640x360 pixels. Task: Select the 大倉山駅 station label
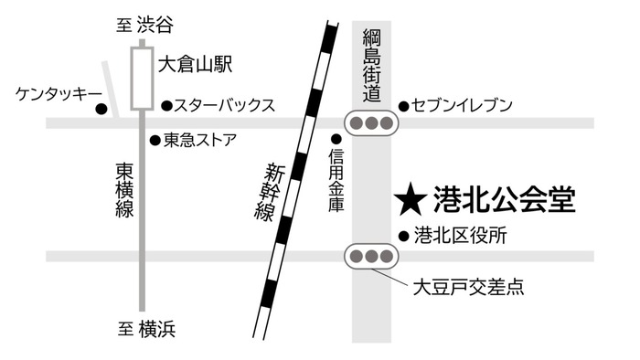pyautogui.click(x=194, y=65)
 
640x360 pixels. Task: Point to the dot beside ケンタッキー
pyautogui.click(x=101, y=110)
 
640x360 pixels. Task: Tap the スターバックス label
pyautogui.click(x=225, y=105)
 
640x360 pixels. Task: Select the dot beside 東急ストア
pyautogui.click(x=155, y=140)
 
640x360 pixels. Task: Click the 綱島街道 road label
pyautogui.click(x=370, y=66)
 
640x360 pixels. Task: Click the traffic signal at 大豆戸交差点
pyautogui.click(x=370, y=256)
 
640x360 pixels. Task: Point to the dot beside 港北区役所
pyautogui.click(x=403, y=235)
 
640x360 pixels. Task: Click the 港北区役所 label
pyautogui.click(x=460, y=235)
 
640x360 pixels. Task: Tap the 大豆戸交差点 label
pyautogui.click(x=467, y=288)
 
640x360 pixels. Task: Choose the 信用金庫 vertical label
pyautogui.click(x=336, y=183)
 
